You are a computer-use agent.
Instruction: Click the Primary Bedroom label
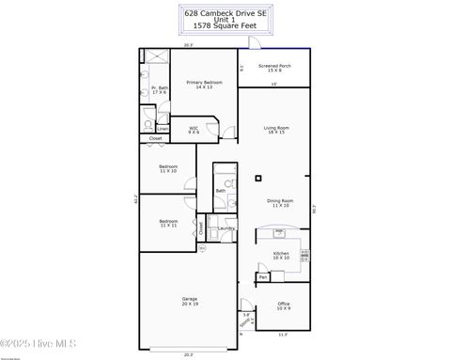[x=197, y=85]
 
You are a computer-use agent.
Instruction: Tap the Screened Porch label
[x=274, y=68]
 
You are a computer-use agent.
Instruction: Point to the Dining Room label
[x=280, y=202]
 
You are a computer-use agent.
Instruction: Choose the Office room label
[x=283, y=305]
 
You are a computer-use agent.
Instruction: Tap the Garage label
[x=190, y=301]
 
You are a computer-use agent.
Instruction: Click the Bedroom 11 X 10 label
[x=168, y=170]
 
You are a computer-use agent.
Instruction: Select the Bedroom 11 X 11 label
[x=168, y=224]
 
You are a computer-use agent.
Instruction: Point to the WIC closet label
[x=194, y=130]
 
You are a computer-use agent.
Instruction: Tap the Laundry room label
[x=226, y=228]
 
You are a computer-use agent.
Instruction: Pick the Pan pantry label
[x=264, y=276]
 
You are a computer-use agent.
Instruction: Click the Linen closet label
[x=163, y=128]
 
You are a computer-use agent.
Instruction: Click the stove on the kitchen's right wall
[x=303, y=252]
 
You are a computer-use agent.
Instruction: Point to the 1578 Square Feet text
[x=225, y=29]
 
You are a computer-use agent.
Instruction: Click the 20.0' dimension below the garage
[x=188, y=354]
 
